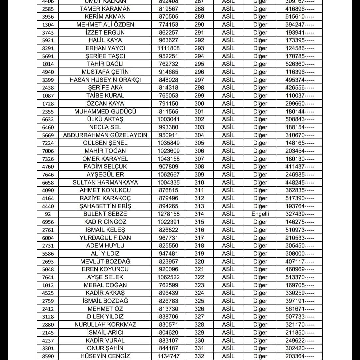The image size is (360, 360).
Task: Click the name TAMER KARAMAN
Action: (x=105, y=9)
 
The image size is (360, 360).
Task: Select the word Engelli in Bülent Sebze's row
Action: (x=260, y=214)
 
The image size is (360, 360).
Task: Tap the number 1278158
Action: (x=168, y=214)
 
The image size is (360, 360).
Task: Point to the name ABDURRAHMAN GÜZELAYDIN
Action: (x=105, y=135)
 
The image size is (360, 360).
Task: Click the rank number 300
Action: (x=199, y=103)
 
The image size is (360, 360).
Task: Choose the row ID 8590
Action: (x=48, y=356)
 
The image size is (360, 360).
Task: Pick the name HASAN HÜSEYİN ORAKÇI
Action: (x=105, y=80)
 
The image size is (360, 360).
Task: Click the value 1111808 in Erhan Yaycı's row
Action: (x=168, y=48)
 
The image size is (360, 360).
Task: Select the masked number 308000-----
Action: (x=300, y=254)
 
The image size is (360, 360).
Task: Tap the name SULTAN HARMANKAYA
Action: (x=105, y=182)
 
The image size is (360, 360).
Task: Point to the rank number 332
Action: (x=199, y=356)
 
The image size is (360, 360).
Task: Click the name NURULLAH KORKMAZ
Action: (x=105, y=324)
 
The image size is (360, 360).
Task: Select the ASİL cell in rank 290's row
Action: (x=228, y=24)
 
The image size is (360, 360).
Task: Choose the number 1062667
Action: (x=168, y=174)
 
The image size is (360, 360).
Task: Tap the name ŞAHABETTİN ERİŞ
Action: (x=105, y=206)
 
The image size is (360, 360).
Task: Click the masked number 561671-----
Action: (x=300, y=309)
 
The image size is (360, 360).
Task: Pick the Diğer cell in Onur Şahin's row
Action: (x=260, y=348)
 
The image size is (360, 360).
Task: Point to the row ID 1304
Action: (x=48, y=25)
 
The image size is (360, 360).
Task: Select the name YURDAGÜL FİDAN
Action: (x=105, y=238)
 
